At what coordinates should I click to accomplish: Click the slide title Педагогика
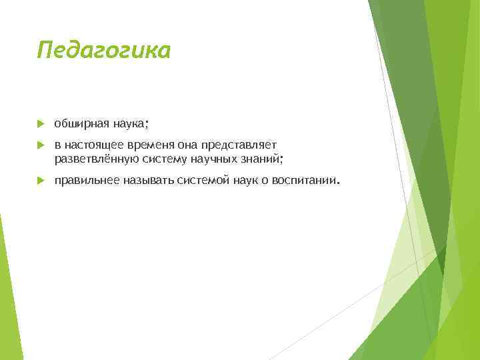(x=104, y=50)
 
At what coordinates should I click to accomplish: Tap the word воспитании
(x=305, y=181)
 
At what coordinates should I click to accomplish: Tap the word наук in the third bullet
(x=244, y=181)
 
